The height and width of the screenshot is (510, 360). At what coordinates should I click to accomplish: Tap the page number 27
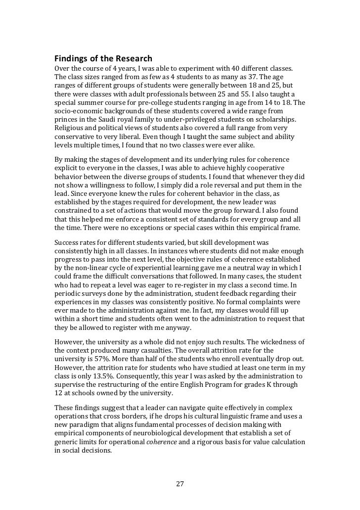[x=180, y=483]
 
